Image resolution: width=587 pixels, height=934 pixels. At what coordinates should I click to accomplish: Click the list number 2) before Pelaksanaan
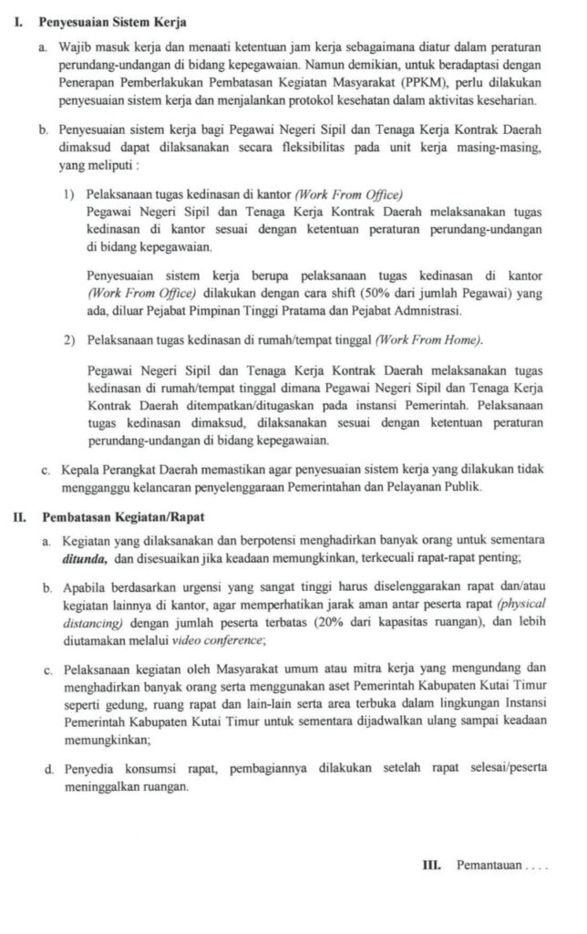[70, 340]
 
